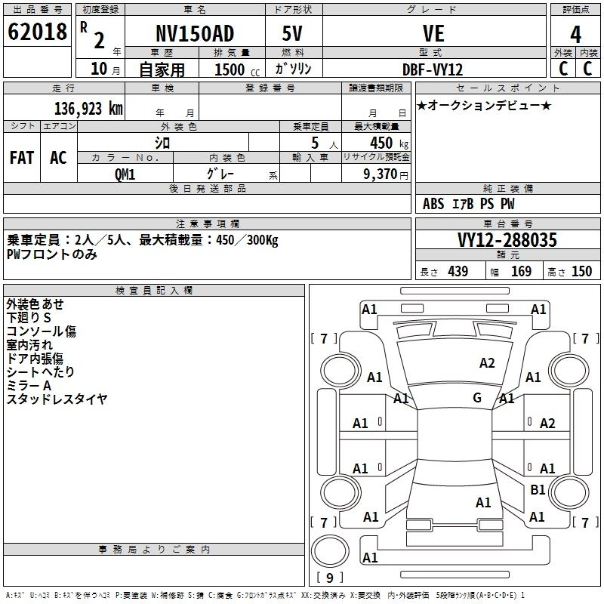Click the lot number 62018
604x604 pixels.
(37, 32)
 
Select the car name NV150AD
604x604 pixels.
(195, 33)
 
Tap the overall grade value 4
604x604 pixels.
(575, 35)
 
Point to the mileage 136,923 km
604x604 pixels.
(88, 109)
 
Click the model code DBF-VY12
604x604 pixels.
(432, 69)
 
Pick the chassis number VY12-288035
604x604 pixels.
(507, 240)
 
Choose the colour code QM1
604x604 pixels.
(125, 174)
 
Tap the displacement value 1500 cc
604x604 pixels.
(237, 69)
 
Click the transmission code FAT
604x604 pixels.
(22, 158)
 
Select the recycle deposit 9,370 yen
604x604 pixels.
(386, 174)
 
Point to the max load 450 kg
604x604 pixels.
(389, 143)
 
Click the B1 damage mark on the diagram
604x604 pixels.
(538, 490)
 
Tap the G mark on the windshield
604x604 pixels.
(477, 398)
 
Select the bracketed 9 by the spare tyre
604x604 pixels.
(330, 578)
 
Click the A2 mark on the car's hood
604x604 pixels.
(487, 363)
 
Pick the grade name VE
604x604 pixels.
(433, 33)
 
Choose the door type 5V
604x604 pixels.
(292, 33)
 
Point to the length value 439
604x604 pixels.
(458, 271)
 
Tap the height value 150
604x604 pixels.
(581, 271)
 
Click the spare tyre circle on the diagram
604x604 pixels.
(330, 550)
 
